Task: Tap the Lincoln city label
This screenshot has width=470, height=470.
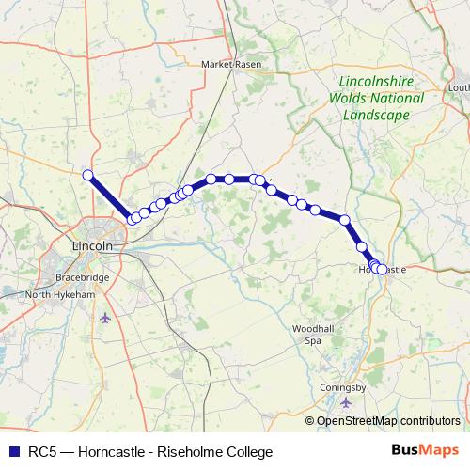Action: click(x=92, y=245)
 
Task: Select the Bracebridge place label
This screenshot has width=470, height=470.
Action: click(x=55, y=279)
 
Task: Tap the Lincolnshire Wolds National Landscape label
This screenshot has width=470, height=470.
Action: click(x=375, y=98)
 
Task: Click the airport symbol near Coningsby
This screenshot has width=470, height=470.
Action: click(x=348, y=402)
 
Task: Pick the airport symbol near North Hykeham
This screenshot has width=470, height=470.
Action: click(x=103, y=317)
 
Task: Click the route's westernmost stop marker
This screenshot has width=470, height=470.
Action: click(x=87, y=175)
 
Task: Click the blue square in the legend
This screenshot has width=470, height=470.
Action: click(x=11, y=451)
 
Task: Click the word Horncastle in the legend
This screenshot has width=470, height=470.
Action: click(x=113, y=451)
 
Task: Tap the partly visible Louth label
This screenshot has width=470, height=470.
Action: click(x=460, y=87)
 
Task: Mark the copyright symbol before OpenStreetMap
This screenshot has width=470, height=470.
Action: click(x=310, y=421)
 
